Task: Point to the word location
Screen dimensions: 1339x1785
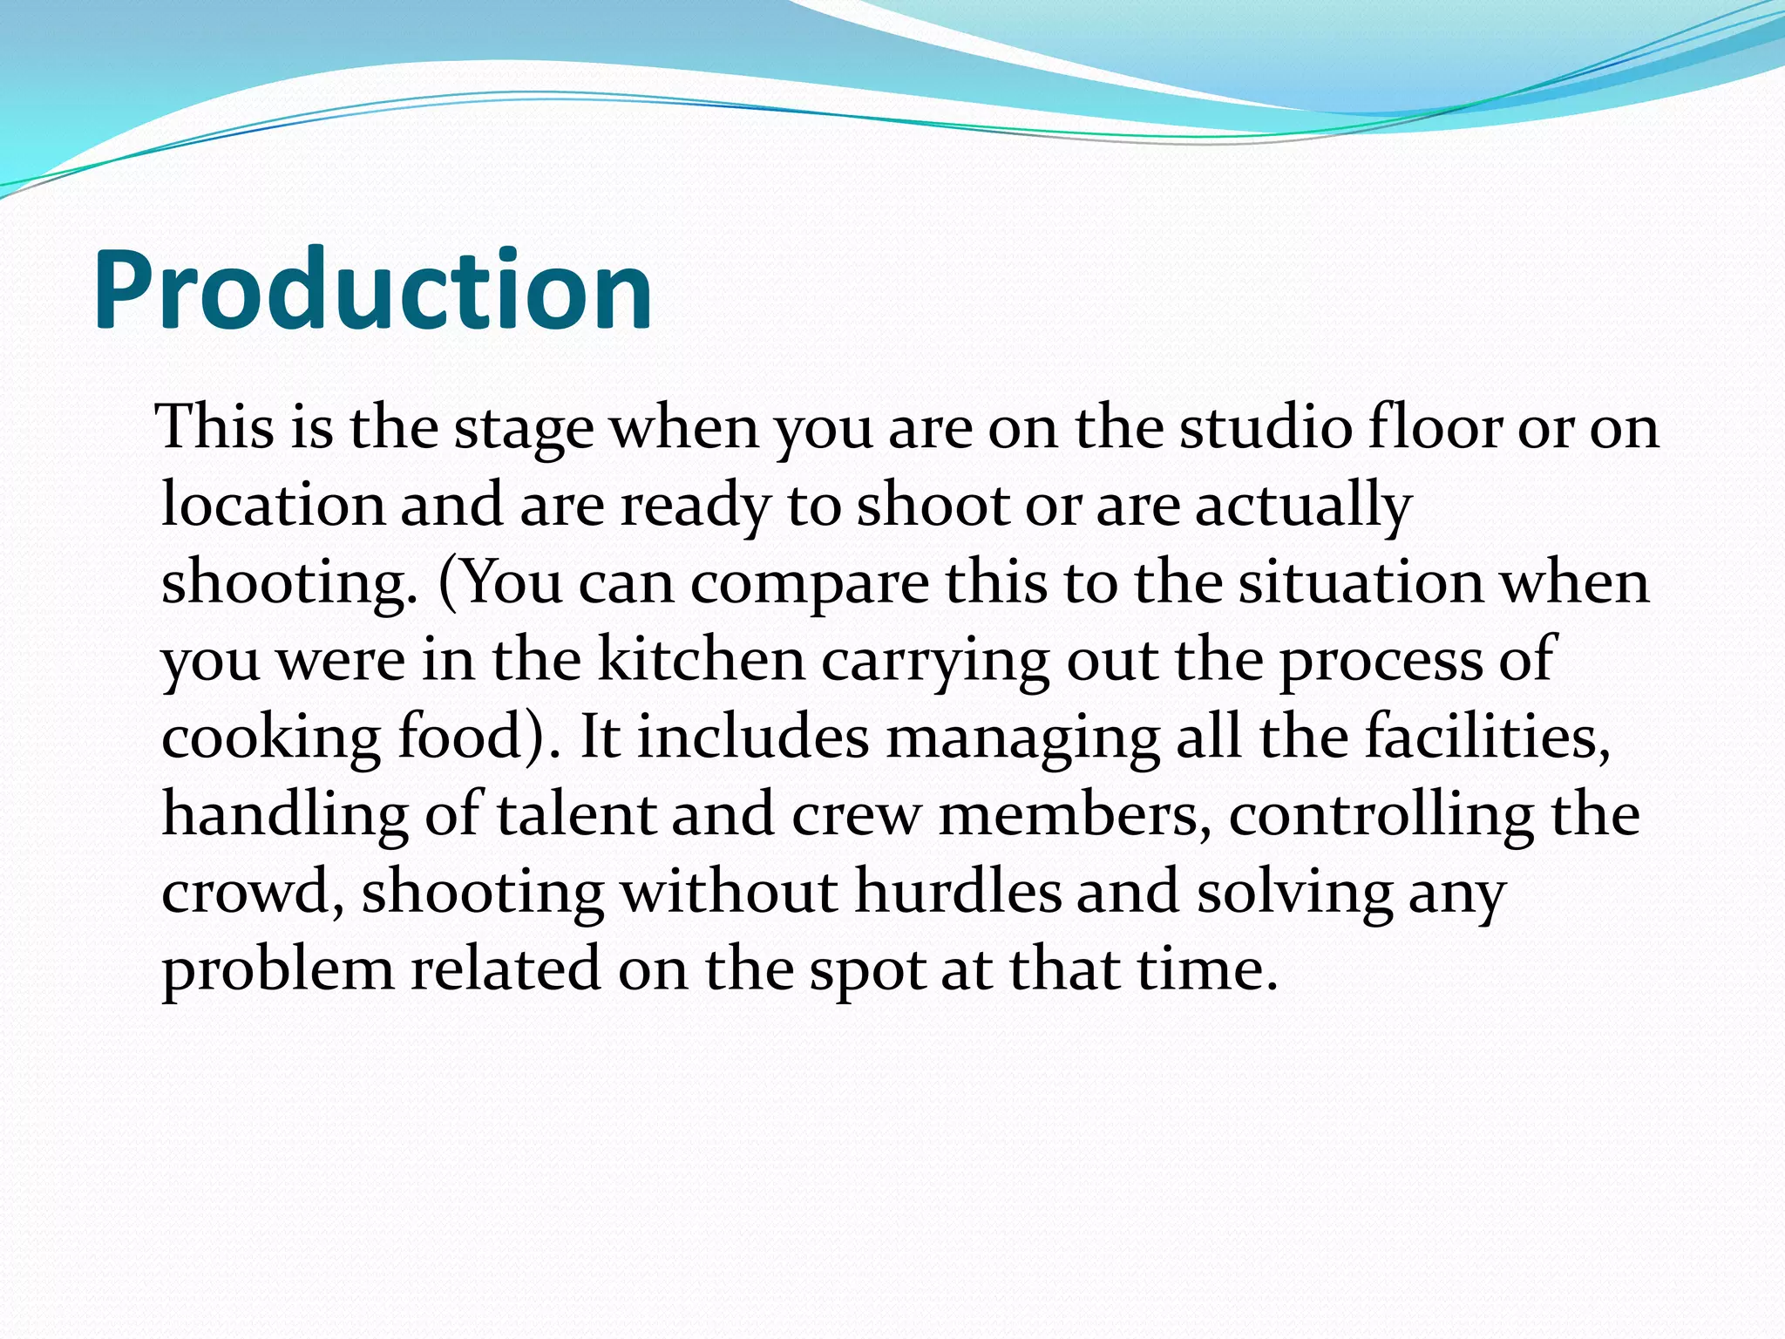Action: (x=273, y=505)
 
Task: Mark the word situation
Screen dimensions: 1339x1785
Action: (x=1361, y=582)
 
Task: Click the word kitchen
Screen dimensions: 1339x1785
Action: (x=702, y=660)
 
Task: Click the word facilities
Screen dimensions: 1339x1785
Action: (x=1487, y=737)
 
